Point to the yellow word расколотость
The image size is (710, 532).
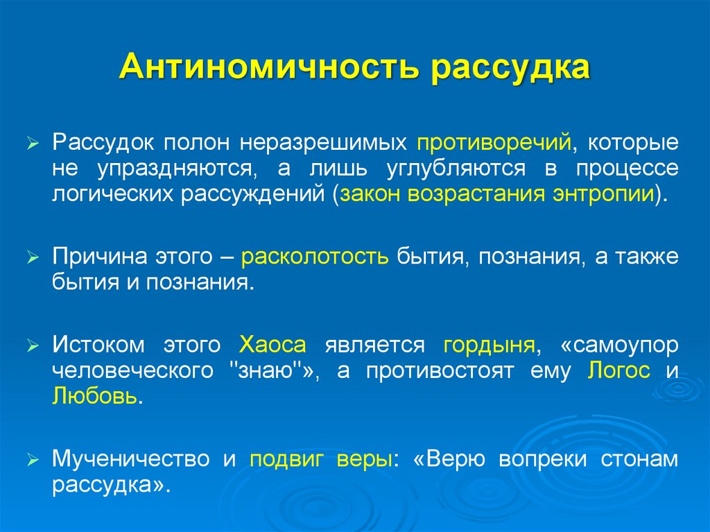pos(315,257)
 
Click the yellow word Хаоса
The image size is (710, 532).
pos(272,345)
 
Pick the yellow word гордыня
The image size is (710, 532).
pos(488,345)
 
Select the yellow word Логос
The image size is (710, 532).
pos(618,370)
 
